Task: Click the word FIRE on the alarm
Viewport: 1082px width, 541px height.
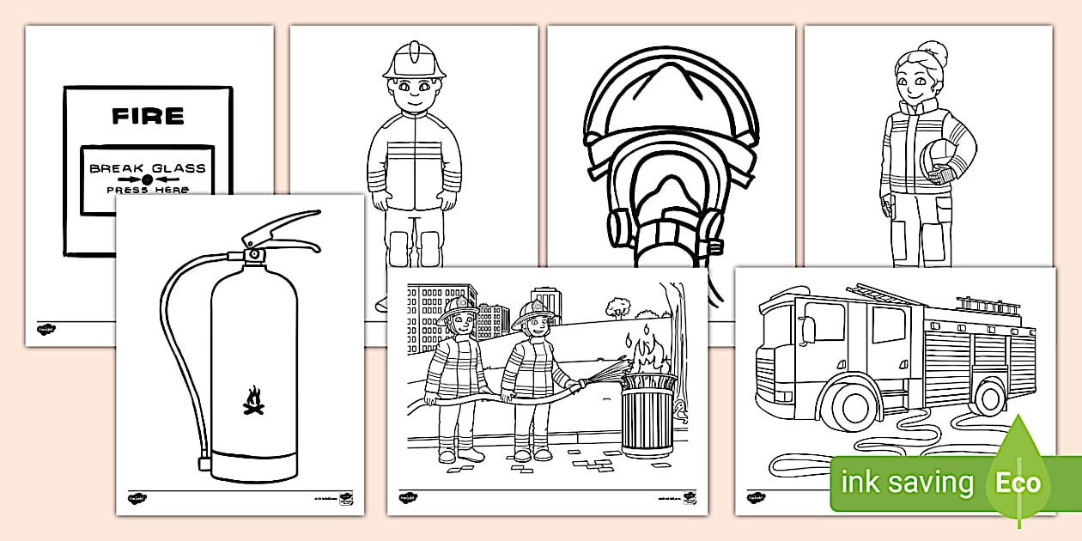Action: tap(148, 116)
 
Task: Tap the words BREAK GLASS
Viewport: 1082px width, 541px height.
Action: tap(148, 168)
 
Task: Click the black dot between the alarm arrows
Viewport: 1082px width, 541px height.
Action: tap(148, 179)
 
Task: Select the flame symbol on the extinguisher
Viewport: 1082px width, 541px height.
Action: tap(253, 401)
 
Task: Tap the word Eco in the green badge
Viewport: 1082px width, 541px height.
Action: tap(1018, 483)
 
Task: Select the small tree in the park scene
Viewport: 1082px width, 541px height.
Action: tap(617, 306)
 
